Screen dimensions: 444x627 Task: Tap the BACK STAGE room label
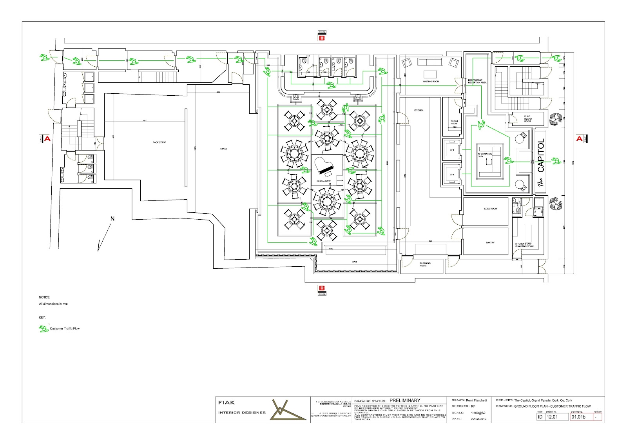pyautogui.click(x=159, y=142)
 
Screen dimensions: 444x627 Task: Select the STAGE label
pyautogui.click(x=224, y=149)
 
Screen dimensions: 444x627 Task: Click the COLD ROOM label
pyautogui.click(x=490, y=209)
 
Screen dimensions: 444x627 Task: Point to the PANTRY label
pyautogui.click(x=490, y=242)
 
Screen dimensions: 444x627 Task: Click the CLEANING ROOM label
pyautogui.click(x=425, y=264)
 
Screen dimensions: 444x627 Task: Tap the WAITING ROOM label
pyautogui.click(x=431, y=82)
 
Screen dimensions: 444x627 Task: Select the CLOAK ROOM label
pyautogui.click(x=454, y=122)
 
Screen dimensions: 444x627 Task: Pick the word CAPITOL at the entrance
pyautogui.click(x=541, y=156)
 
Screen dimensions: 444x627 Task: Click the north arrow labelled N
pyautogui.click(x=112, y=219)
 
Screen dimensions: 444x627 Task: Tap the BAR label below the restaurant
pyautogui.click(x=355, y=262)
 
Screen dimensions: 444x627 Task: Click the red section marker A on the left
pyautogui.click(x=47, y=138)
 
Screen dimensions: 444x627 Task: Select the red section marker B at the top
pyautogui.click(x=322, y=38)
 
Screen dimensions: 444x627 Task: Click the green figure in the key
pyautogui.click(x=43, y=329)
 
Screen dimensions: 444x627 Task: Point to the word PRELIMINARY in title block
pyautogui.click(x=405, y=400)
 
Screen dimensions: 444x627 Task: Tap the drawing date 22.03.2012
pyautogui.click(x=478, y=419)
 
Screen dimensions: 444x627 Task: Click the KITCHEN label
pyautogui.click(x=419, y=110)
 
